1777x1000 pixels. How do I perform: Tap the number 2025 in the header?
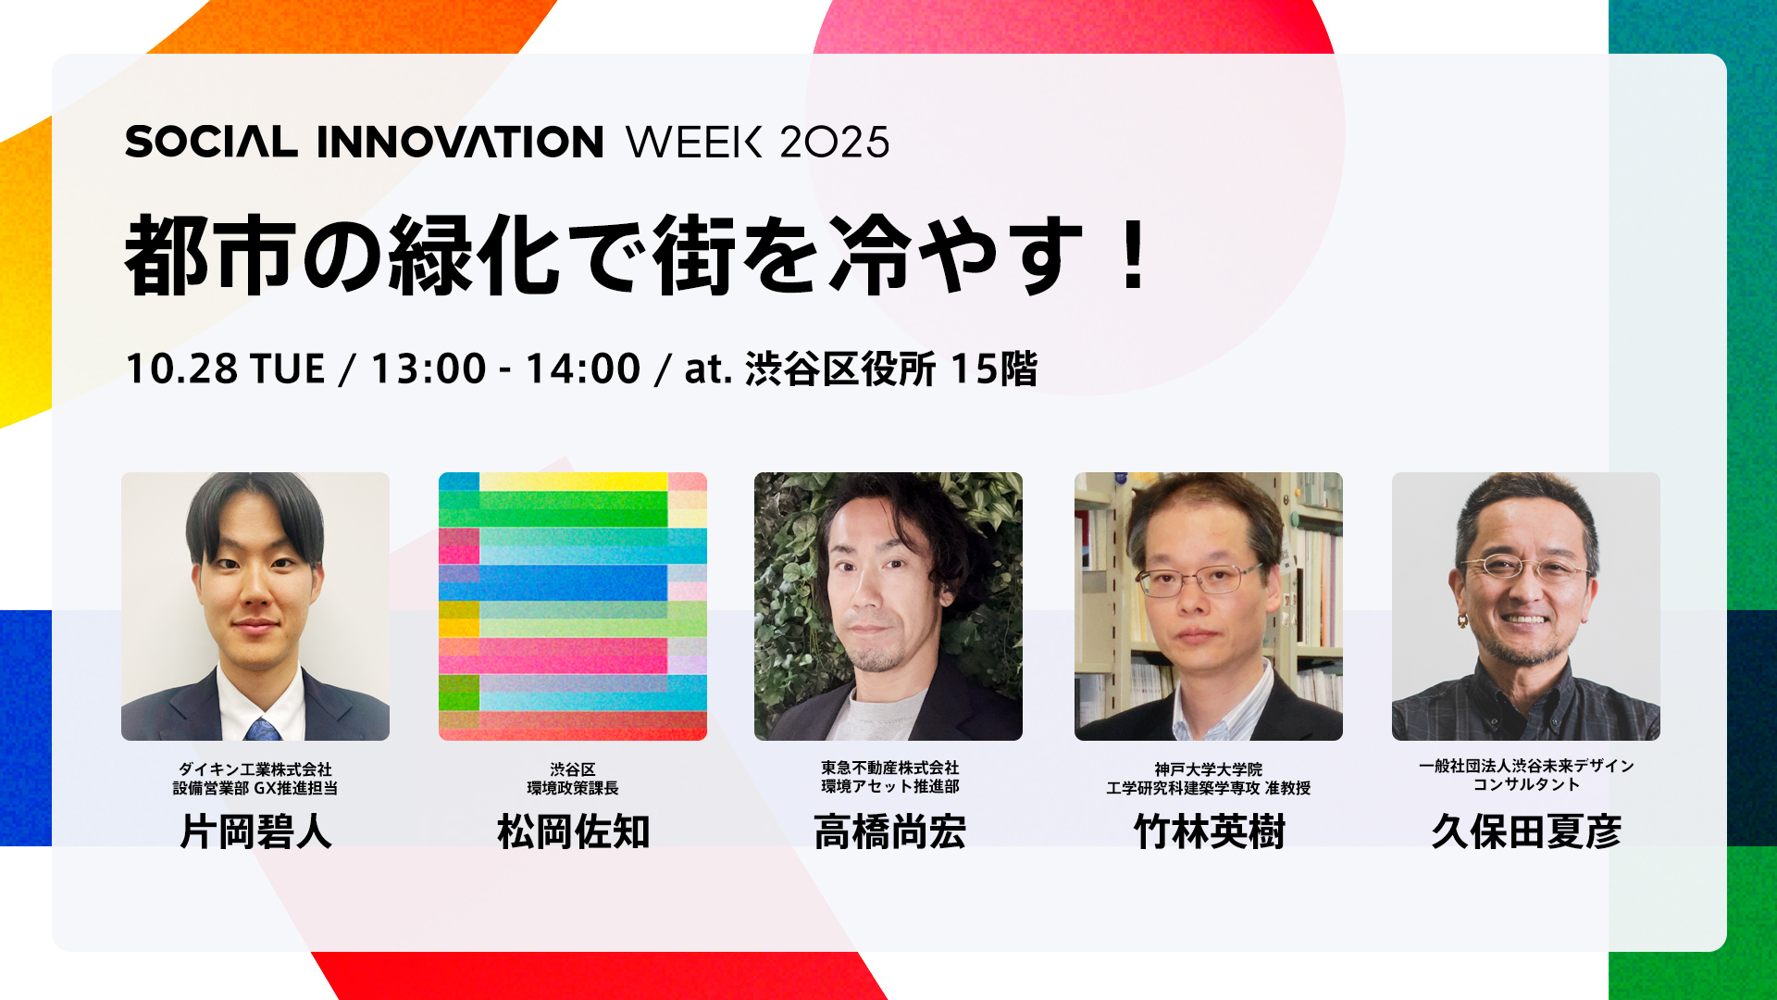(x=834, y=142)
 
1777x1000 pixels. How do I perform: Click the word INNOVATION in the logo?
(x=460, y=142)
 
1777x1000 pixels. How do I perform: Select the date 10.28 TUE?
(x=225, y=369)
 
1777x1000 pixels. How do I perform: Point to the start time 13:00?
(x=429, y=369)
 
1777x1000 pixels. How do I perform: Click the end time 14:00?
(x=583, y=369)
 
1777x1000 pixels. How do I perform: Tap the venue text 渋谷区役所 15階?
(x=891, y=369)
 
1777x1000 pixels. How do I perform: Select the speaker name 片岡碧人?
(x=256, y=831)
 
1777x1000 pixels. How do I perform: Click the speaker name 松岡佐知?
(x=573, y=831)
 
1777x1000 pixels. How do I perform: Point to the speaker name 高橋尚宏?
(x=889, y=831)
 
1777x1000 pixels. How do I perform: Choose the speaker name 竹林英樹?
(x=1209, y=831)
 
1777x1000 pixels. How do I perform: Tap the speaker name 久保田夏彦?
(x=1526, y=831)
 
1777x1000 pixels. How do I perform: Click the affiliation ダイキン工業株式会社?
(x=255, y=769)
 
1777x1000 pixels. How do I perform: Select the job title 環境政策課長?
(x=573, y=788)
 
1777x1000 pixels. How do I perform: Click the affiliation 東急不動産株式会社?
(x=889, y=768)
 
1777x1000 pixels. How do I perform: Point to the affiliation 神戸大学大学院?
(x=1209, y=769)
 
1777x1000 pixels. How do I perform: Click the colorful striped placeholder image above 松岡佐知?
(x=573, y=606)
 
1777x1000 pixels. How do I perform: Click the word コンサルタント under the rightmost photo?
(x=1526, y=784)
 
